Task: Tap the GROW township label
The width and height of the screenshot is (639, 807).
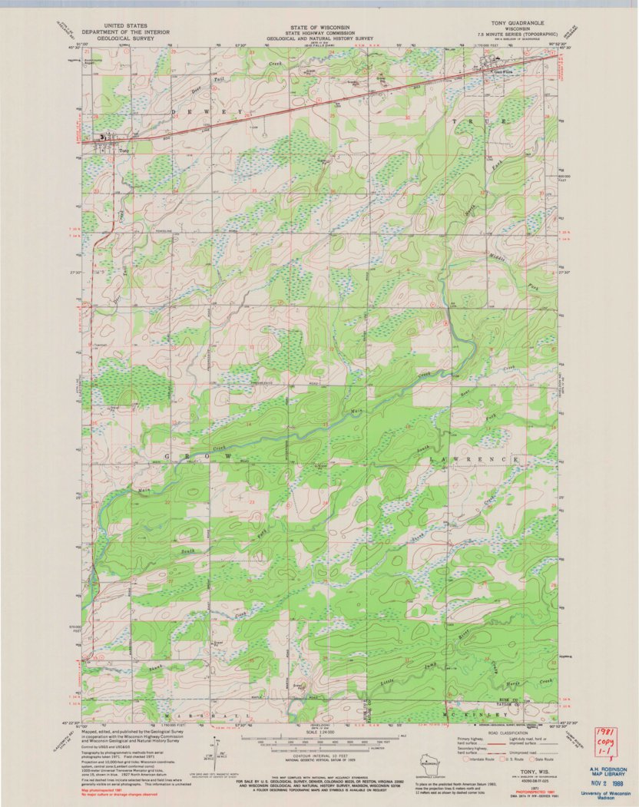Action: coord(198,457)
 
